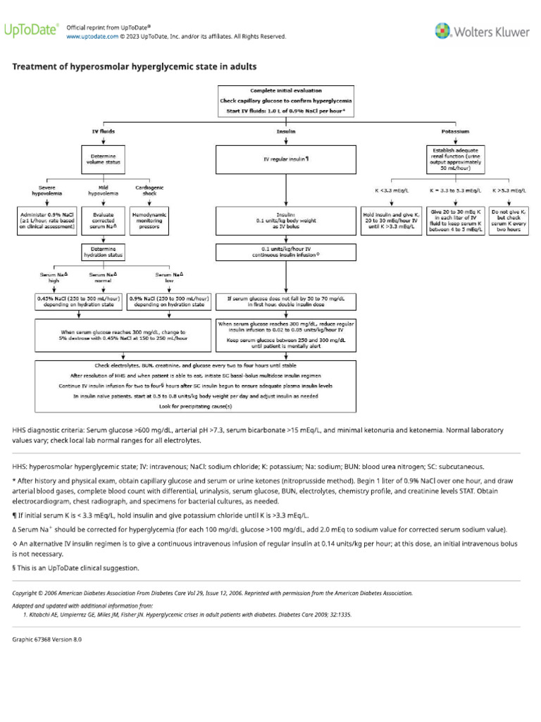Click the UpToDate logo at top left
32,30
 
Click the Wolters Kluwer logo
482,31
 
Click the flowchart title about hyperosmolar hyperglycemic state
135,67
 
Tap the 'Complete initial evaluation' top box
286,101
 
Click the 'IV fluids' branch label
104,131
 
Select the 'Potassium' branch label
455,131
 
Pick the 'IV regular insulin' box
286,159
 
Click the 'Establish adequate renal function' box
456,159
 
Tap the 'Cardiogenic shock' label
149,190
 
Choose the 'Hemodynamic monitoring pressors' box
149,220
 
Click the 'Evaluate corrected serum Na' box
104,220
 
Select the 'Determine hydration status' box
104,252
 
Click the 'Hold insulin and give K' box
390,220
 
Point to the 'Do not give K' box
509,220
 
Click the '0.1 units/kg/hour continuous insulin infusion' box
286,252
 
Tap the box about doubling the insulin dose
286,301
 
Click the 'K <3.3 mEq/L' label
390,190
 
